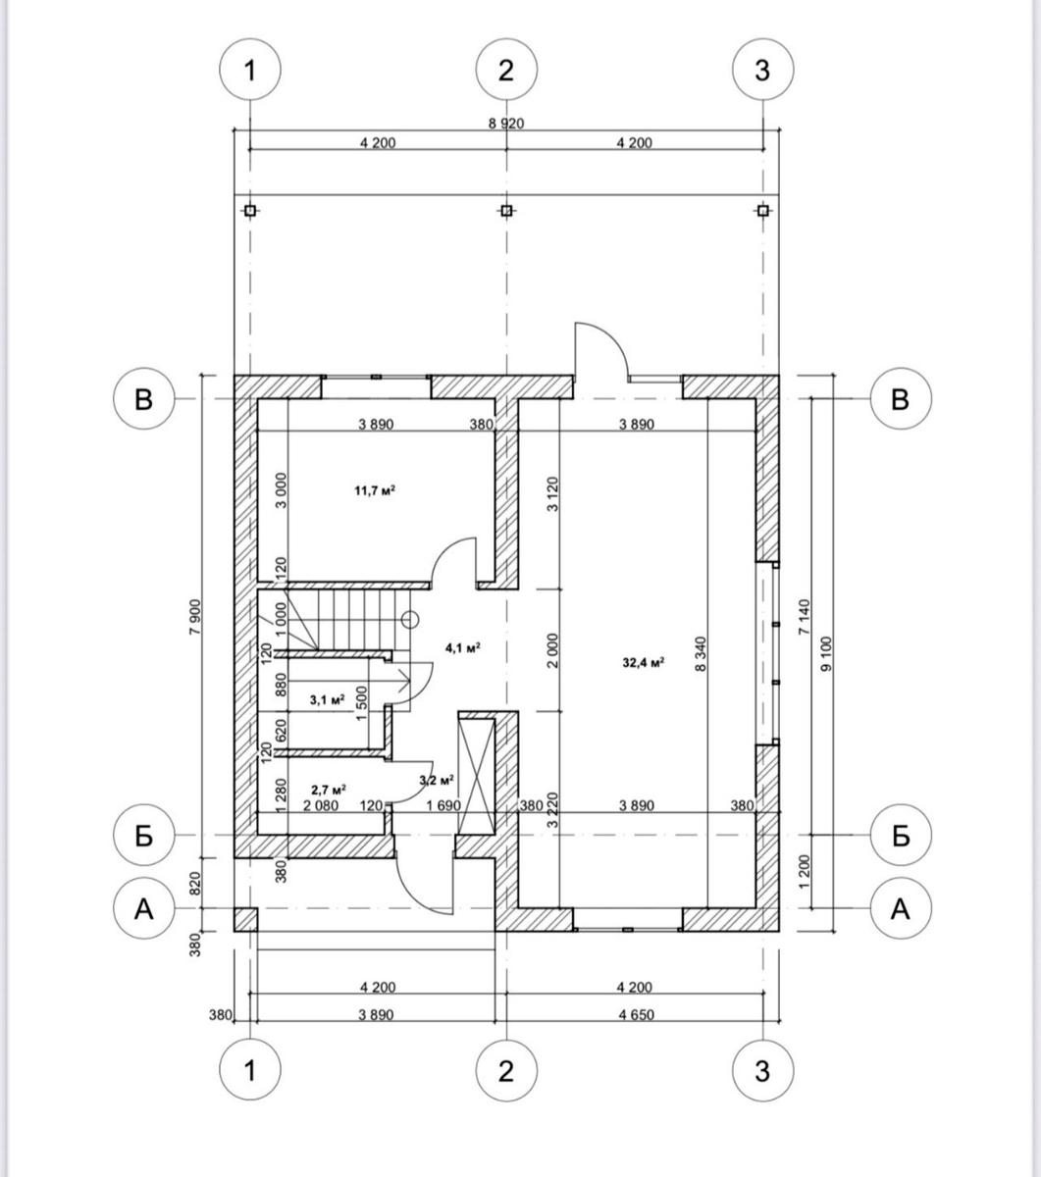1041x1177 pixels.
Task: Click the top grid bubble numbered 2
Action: coord(506,70)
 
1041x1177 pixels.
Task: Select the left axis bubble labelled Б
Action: coord(143,836)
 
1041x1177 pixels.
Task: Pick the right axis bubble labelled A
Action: coord(901,908)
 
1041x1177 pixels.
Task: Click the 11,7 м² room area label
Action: coord(375,490)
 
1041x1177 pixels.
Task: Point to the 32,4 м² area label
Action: coord(644,662)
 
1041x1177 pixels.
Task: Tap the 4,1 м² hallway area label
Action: coord(463,647)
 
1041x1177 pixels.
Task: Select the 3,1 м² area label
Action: coord(328,700)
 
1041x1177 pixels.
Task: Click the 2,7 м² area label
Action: coord(329,790)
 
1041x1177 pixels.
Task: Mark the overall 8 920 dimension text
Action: coord(506,124)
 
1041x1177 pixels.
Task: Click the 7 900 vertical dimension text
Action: coord(195,617)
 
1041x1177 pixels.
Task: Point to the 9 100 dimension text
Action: coord(826,654)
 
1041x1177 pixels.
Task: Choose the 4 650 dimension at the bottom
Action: coord(637,1015)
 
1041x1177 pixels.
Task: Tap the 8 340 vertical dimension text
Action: coord(701,654)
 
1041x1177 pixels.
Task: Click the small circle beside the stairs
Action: coord(410,620)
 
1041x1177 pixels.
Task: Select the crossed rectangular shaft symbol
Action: coord(476,776)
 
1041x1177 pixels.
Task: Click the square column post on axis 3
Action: coord(763,210)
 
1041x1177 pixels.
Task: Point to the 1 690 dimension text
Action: coord(443,806)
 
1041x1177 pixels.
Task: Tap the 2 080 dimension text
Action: coord(321,806)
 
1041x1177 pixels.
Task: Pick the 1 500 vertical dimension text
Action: coord(361,703)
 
